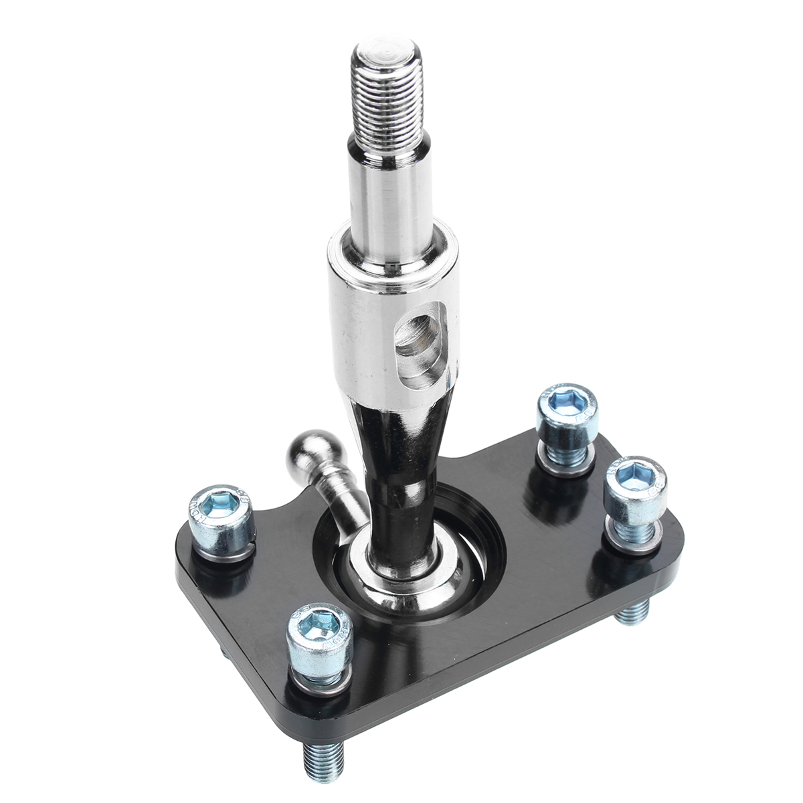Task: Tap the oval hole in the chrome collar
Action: point(418,335)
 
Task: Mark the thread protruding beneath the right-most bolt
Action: point(632,608)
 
